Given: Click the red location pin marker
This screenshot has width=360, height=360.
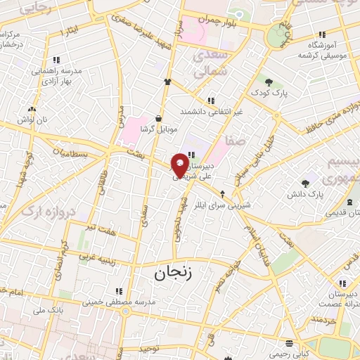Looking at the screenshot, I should tap(181, 165).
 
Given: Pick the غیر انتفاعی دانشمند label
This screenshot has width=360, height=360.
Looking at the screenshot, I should tap(210, 111).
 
